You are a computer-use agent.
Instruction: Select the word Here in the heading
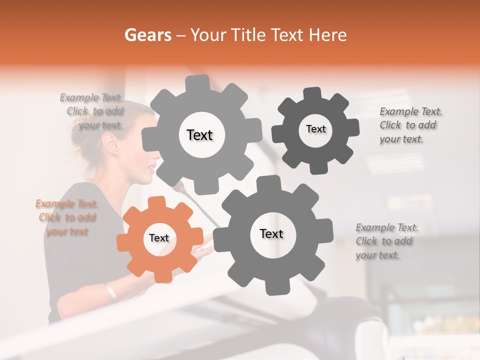click(327, 35)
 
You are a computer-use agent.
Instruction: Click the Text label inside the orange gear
click(159, 238)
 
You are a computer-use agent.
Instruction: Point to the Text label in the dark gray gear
click(315, 129)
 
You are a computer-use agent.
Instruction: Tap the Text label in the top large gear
click(199, 135)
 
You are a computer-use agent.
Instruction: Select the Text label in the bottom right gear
click(271, 233)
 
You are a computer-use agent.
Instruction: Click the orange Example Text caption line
click(67, 204)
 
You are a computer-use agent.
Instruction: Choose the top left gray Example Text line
click(91, 97)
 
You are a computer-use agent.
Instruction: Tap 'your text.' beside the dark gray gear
click(401, 139)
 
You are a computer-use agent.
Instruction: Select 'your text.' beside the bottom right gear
click(377, 255)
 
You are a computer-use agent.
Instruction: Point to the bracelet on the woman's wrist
click(110, 291)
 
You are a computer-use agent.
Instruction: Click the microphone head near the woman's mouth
click(178, 187)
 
